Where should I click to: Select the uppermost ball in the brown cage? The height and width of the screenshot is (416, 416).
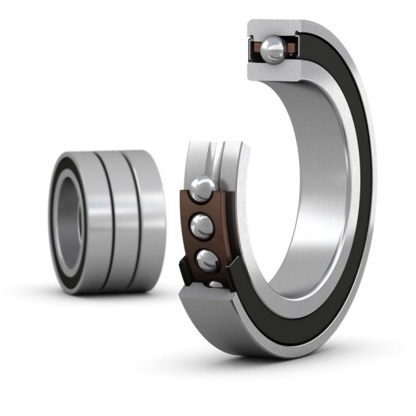click(202, 188)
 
